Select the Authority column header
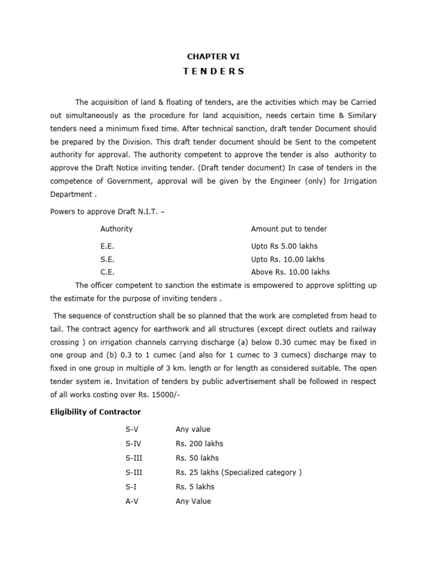[x=116, y=229]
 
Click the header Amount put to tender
[x=289, y=229]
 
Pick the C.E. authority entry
[x=107, y=272]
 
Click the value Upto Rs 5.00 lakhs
[x=284, y=246]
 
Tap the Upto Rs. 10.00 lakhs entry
[x=287, y=259]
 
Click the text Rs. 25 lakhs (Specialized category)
[x=239, y=473]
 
